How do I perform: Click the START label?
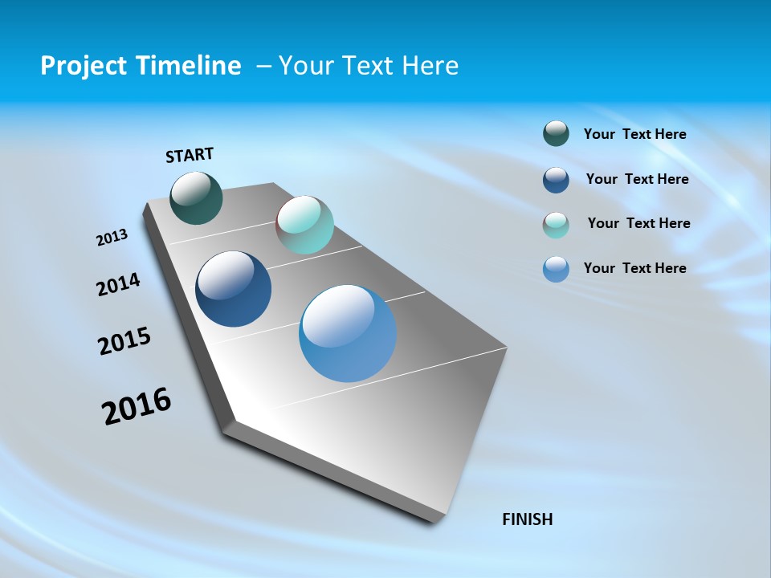tap(190, 155)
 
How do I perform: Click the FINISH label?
tap(527, 519)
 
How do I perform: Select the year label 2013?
tap(112, 238)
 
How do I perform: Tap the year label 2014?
tap(118, 285)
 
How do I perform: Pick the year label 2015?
tap(124, 340)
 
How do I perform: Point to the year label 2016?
tap(137, 405)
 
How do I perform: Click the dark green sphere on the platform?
tap(196, 197)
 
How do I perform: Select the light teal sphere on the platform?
tap(304, 225)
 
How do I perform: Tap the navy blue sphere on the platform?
tap(234, 289)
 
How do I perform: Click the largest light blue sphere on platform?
tap(348, 333)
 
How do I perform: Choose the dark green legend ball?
tap(556, 134)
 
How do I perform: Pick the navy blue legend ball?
tap(556, 180)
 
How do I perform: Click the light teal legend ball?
tap(556, 225)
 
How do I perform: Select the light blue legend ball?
tap(556, 269)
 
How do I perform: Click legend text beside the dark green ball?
tap(634, 134)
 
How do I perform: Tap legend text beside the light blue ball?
tap(634, 268)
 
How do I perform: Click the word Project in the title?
tap(84, 66)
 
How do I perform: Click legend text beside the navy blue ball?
tap(637, 179)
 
